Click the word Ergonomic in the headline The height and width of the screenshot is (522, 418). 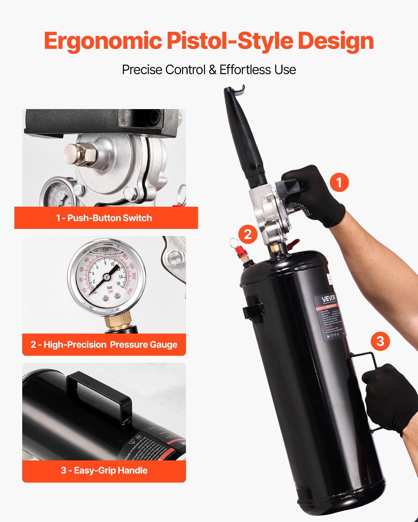point(103,41)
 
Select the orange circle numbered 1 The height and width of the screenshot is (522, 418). point(339,182)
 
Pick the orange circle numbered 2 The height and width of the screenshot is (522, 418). point(248,234)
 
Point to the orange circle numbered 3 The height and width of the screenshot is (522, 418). point(380,341)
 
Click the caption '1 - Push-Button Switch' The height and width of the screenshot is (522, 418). point(104,218)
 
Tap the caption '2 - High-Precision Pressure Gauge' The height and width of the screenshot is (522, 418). point(104,345)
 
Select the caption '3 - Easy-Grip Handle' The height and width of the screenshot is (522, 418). point(104,470)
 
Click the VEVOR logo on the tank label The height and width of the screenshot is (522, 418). point(328,299)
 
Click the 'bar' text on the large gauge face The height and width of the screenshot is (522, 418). point(110,287)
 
